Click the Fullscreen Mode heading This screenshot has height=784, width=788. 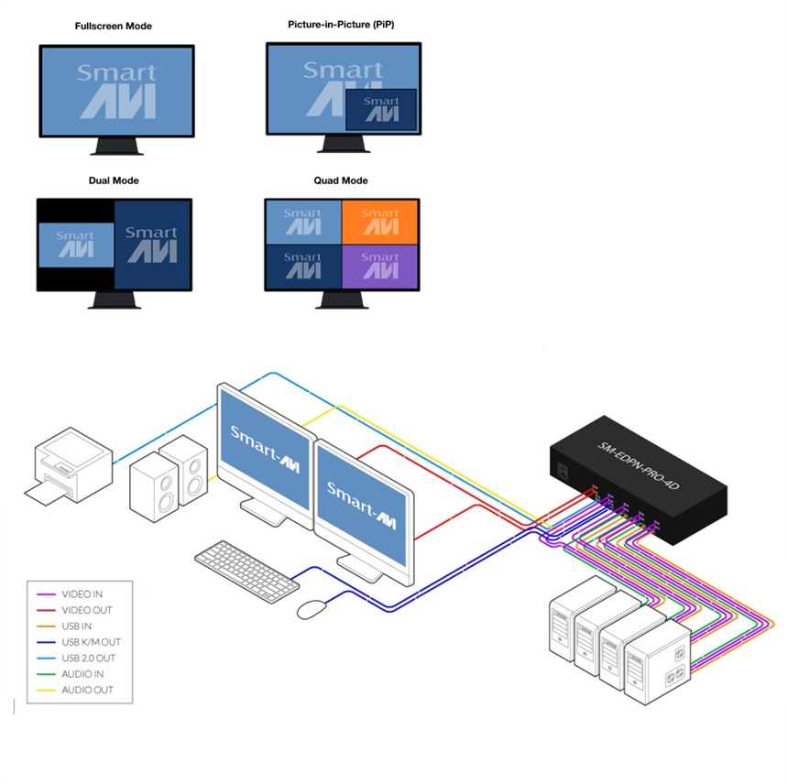point(114,27)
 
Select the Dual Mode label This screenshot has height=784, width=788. point(114,181)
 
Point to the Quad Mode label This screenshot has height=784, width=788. point(341,181)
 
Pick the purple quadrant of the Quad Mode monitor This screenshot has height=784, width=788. point(379,267)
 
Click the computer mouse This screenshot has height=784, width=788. point(314,608)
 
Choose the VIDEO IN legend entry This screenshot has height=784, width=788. point(82,594)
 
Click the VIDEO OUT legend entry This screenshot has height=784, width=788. point(86,610)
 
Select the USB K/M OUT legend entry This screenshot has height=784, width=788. point(91,642)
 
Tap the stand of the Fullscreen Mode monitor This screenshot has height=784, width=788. point(116,147)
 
